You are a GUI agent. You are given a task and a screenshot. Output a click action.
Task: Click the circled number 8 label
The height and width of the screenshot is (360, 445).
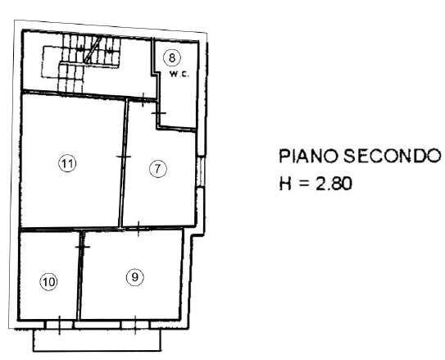(172, 58)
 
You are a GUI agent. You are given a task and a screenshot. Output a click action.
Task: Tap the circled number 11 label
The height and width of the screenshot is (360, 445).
(67, 163)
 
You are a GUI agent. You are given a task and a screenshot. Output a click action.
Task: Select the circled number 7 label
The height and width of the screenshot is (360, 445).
(158, 169)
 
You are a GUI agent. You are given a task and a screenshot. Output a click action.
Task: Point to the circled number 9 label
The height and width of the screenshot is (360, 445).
(134, 277)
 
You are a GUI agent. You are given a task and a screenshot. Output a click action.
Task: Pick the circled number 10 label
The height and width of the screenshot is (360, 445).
(48, 282)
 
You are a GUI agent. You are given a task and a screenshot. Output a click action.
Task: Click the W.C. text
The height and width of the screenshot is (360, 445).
(179, 75)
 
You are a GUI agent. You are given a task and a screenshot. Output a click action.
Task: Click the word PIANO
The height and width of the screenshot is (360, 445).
(309, 156)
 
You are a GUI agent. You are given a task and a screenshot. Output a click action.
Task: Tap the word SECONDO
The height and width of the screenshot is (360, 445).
(393, 156)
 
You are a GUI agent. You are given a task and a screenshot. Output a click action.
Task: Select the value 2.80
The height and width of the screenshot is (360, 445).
(334, 184)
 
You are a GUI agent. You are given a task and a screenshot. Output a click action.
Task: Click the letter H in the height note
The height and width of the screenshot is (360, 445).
(285, 184)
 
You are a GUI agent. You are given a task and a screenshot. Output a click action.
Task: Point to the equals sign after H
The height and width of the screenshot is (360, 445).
(304, 184)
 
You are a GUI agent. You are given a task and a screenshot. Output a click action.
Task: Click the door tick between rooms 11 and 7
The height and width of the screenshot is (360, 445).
(124, 157)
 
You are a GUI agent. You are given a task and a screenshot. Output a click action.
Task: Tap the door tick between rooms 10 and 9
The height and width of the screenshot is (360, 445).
(83, 247)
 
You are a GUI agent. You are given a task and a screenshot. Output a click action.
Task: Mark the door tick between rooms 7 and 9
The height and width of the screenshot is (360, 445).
(138, 229)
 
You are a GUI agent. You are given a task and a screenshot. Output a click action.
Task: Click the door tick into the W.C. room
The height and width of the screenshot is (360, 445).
(158, 113)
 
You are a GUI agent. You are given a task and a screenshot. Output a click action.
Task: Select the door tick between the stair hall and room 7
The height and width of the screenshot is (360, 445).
(143, 100)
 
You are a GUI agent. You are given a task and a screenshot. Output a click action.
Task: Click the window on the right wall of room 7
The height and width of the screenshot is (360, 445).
(201, 171)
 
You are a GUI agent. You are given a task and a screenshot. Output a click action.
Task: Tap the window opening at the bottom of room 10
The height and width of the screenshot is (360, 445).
(60, 325)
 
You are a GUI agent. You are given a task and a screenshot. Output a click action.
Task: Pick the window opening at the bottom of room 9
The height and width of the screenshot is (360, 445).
(135, 325)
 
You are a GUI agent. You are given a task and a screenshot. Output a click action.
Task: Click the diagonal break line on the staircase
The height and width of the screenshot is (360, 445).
(93, 50)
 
